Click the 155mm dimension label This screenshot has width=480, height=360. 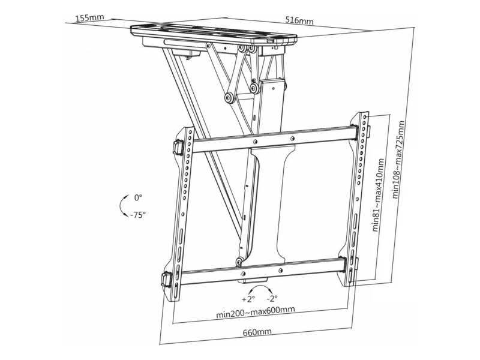(x=90, y=17)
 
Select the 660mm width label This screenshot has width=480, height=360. (x=257, y=332)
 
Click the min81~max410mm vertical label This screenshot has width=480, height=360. (x=379, y=196)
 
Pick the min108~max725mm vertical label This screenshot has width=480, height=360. (x=398, y=160)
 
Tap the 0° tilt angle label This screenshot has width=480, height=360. (x=139, y=198)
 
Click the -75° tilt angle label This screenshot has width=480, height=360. (x=137, y=215)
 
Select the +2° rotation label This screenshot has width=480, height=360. (x=248, y=299)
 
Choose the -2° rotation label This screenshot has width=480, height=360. (x=272, y=298)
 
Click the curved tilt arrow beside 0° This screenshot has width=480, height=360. (x=121, y=205)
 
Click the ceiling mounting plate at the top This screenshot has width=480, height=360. (x=214, y=33)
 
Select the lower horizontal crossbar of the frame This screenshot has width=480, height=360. (x=263, y=271)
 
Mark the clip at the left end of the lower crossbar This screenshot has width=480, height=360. (x=167, y=279)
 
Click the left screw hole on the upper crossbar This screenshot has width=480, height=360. (x=255, y=142)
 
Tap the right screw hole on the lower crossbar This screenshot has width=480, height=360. (x=280, y=269)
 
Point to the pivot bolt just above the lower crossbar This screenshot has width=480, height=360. (x=239, y=262)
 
